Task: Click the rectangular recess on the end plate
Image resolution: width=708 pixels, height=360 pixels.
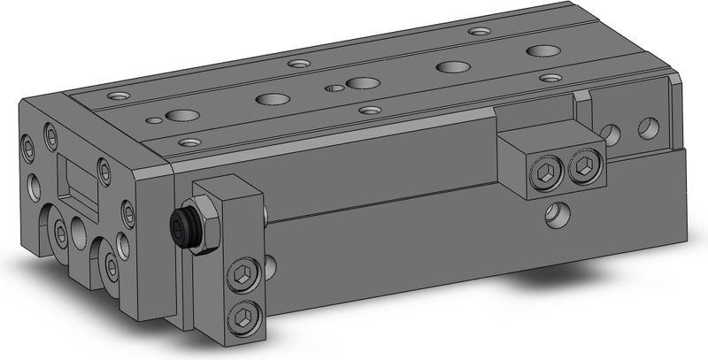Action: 78,180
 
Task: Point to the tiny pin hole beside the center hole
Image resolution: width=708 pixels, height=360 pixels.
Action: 335,88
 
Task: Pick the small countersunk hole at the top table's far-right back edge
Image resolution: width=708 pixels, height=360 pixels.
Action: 479,31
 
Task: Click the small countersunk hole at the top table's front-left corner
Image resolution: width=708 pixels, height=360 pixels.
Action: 187,142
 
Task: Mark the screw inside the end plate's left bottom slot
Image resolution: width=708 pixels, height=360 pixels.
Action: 61,234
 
